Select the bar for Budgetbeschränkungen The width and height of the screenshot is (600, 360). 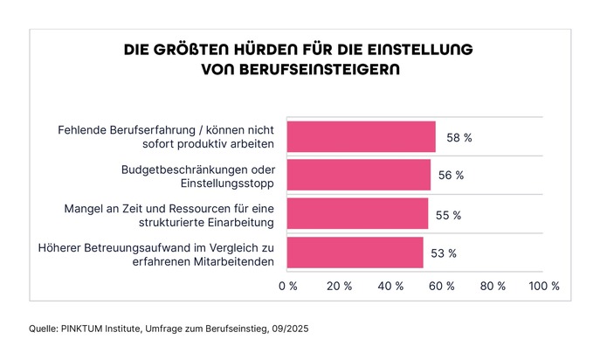pos(358,175)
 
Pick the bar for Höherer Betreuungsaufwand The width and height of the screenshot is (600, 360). pos(355,253)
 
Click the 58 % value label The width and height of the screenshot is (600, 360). pos(459,137)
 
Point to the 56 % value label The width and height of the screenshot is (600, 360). pos(451,176)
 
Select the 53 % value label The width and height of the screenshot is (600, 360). pos(445,253)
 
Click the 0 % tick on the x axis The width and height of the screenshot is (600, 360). pos(287,286)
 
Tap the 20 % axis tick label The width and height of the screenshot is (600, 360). pos(339,286)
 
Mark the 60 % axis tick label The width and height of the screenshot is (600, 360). pos(442,286)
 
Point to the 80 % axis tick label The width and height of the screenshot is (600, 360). pos(493,286)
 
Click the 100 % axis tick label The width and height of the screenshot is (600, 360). pos(544,286)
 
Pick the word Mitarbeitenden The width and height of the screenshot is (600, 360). pos(231,260)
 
